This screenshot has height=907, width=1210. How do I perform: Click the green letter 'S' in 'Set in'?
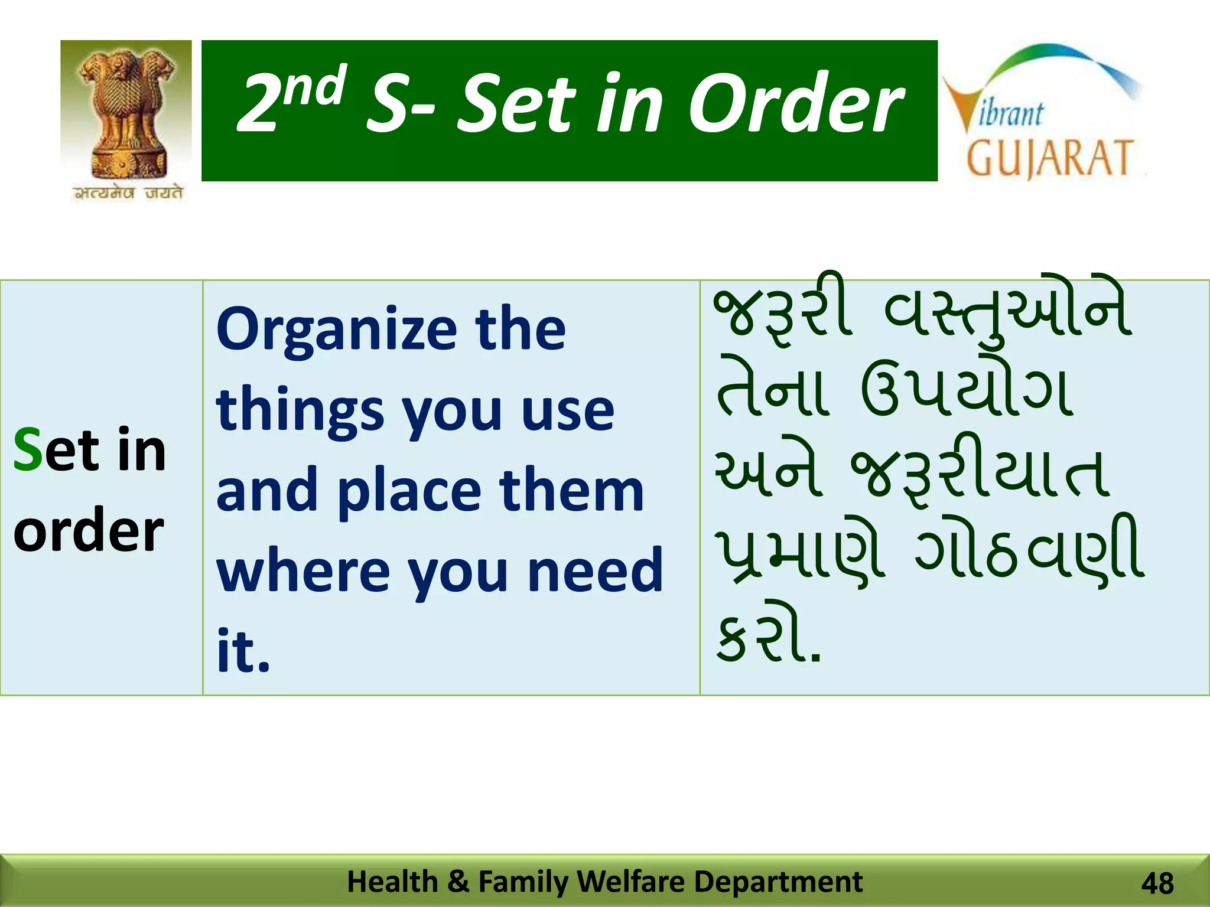point(27,450)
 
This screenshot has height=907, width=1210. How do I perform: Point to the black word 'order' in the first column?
point(88,530)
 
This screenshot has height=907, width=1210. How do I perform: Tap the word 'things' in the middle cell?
point(300,411)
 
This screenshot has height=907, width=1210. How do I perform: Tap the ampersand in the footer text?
point(458,882)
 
